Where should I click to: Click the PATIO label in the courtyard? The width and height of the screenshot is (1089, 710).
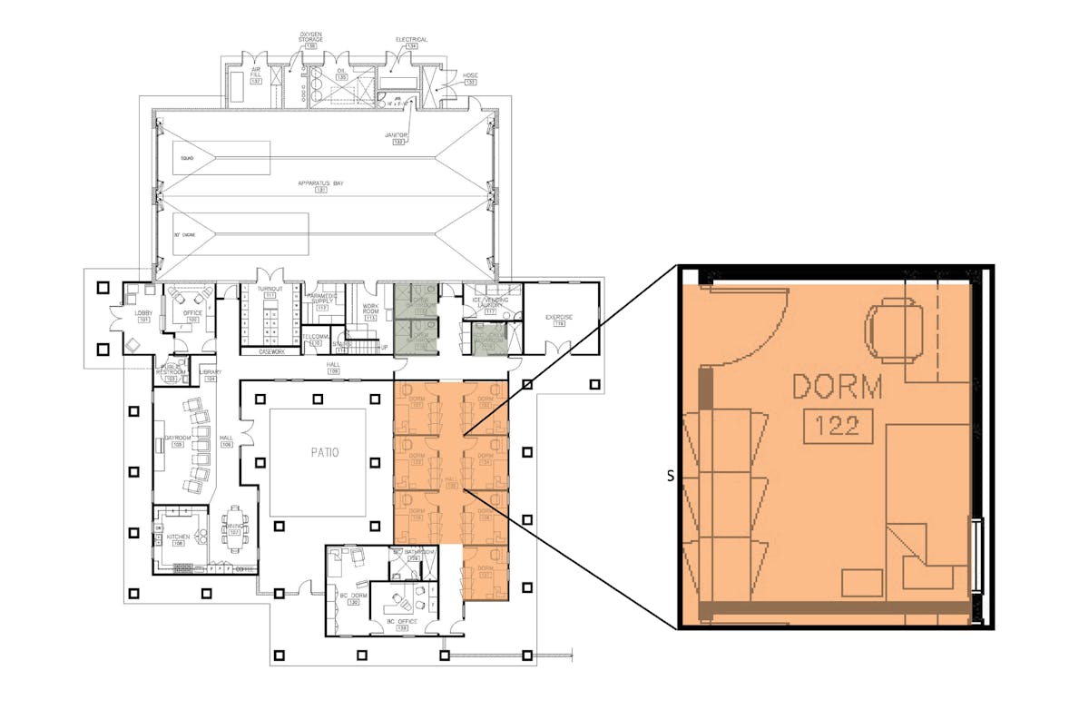[317, 451]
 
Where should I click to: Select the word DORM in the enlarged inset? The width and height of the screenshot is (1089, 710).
[837, 388]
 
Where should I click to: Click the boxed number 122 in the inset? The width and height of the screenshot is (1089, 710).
[837, 425]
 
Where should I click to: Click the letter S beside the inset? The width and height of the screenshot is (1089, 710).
[671, 476]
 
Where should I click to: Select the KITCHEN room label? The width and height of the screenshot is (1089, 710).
[178, 537]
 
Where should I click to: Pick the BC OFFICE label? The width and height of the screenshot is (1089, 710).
[400, 621]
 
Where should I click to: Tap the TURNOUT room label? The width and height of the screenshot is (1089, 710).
[270, 289]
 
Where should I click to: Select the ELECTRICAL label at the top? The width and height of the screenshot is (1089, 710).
[411, 40]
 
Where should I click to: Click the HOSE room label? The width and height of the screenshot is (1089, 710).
[470, 75]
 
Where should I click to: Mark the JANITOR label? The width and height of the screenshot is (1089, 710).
[397, 135]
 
